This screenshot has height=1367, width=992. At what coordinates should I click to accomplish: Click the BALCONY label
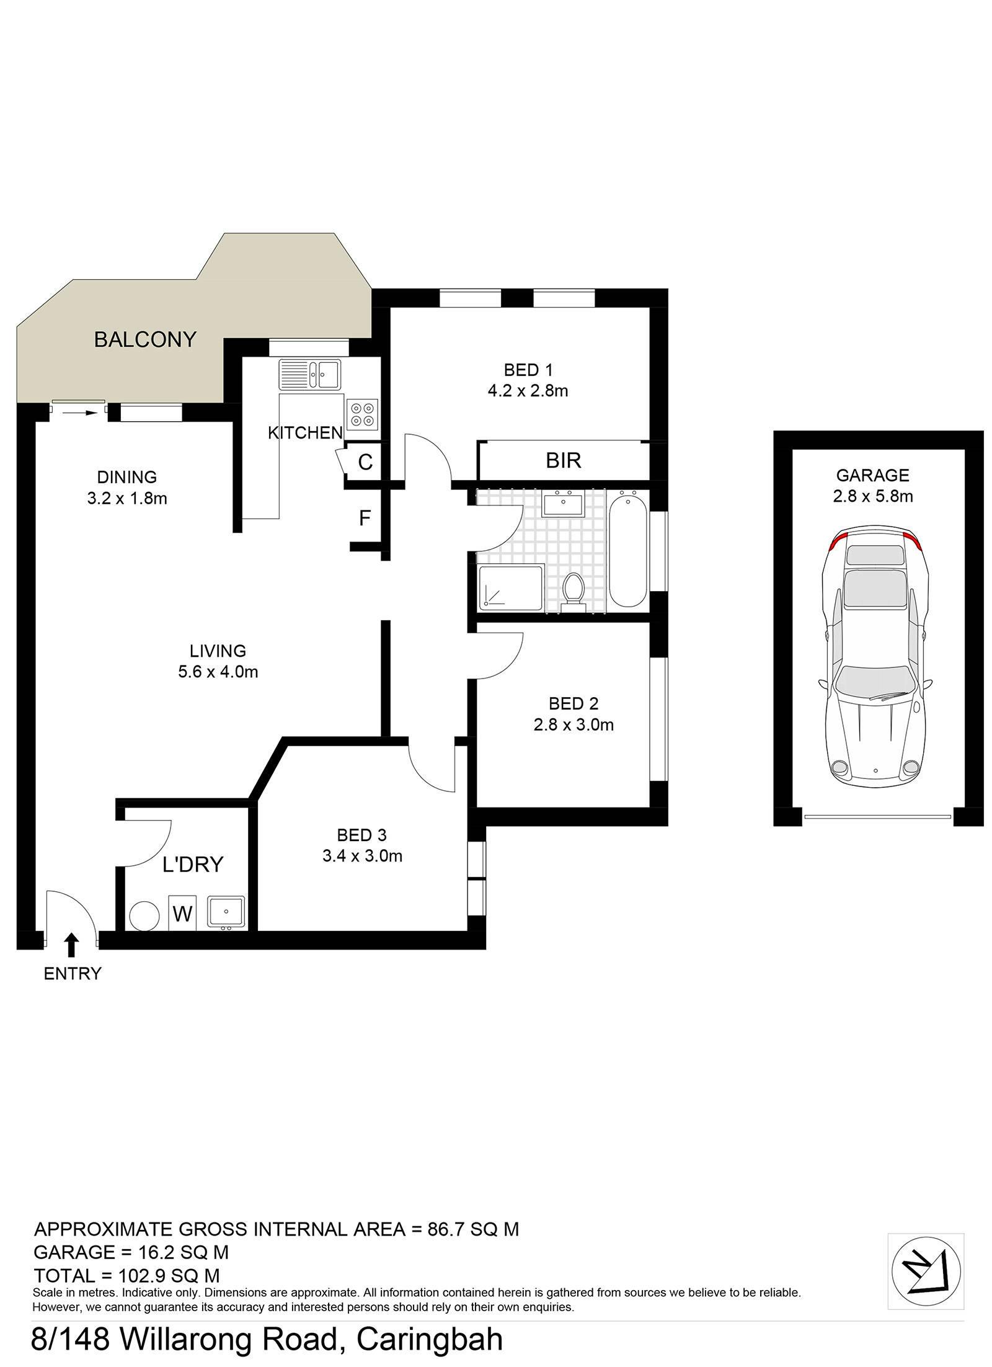[145, 340]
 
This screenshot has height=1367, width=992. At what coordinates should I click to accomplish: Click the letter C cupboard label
[365, 462]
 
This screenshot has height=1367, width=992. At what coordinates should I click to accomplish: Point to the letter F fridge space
[365, 518]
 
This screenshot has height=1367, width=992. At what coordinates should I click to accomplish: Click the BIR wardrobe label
[564, 460]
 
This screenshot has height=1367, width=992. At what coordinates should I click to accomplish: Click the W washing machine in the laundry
[182, 913]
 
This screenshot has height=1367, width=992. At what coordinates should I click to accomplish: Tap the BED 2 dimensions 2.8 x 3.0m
[573, 725]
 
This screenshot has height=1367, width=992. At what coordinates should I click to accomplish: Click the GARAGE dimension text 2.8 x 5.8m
[873, 496]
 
